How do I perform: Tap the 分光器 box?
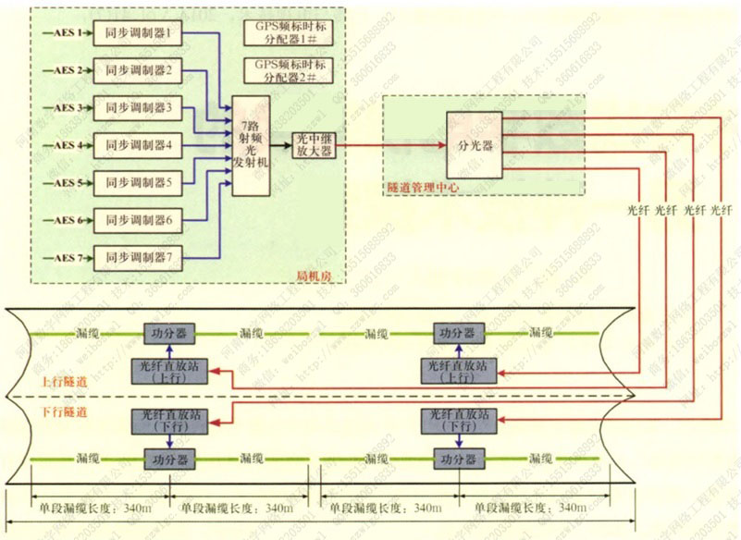pyautogui.click(x=475, y=146)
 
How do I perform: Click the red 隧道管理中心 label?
pyautogui.click(x=422, y=188)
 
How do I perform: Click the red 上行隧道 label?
pyautogui.click(x=63, y=381)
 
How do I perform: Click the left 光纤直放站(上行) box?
pyautogui.click(x=169, y=371)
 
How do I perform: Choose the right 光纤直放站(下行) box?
pyautogui.click(x=460, y=420)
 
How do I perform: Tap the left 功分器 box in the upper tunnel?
pyautogui.click(x=169, y=332)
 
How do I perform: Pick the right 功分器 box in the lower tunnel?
pyautogui.click(x=460, y=460)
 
